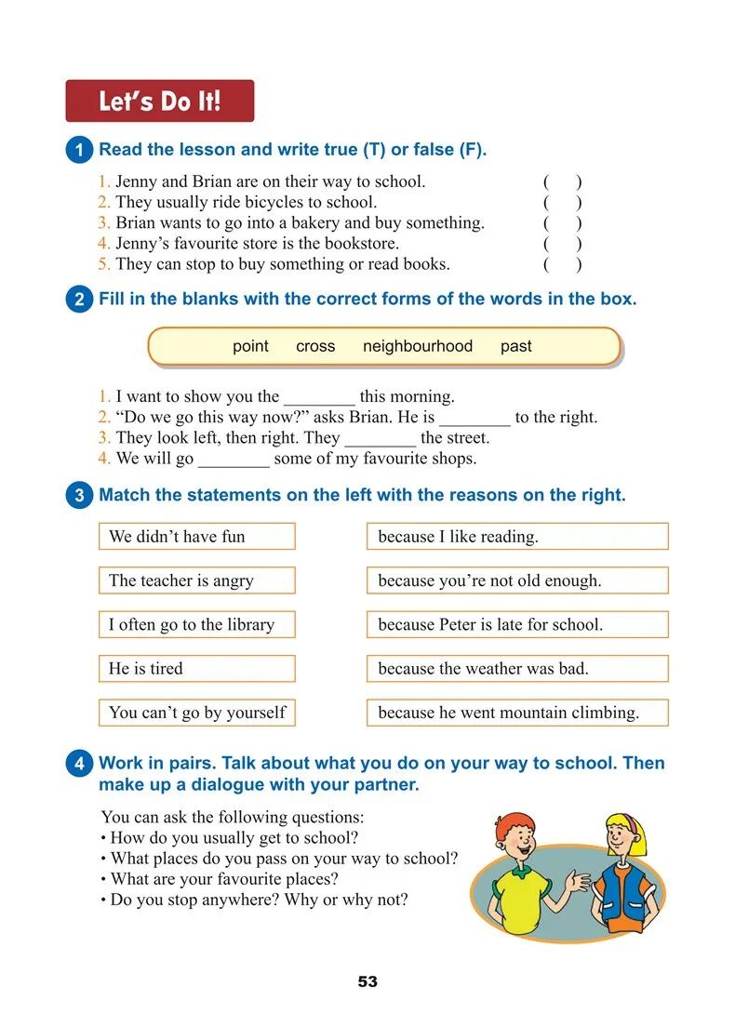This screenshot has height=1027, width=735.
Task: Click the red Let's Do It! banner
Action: point(159,100)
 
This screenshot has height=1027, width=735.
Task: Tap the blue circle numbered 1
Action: point(80,151)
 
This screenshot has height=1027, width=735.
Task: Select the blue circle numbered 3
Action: point(80,496)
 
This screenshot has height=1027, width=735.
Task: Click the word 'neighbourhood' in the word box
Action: point(418,346)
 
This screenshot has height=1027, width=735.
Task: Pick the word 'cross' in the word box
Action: point(315,346)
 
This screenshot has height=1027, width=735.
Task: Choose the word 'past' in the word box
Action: point(515,346)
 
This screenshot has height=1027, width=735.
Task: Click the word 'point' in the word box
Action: point(250,346)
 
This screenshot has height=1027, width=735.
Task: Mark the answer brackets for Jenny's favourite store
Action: point(563,244)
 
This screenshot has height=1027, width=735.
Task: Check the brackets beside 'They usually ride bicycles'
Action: point(563,203)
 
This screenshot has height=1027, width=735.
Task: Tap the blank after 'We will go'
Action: point(234,460)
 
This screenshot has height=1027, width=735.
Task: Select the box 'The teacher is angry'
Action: point(196,580)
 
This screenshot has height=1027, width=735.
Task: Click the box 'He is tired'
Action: point(196,668)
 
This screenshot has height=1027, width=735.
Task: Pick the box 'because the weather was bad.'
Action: point(517,668)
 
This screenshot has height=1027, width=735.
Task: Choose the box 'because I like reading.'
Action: point(517,537)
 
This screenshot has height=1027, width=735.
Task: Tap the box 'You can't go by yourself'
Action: point(196,713)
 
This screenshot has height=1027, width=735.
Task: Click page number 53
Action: point(367,982)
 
